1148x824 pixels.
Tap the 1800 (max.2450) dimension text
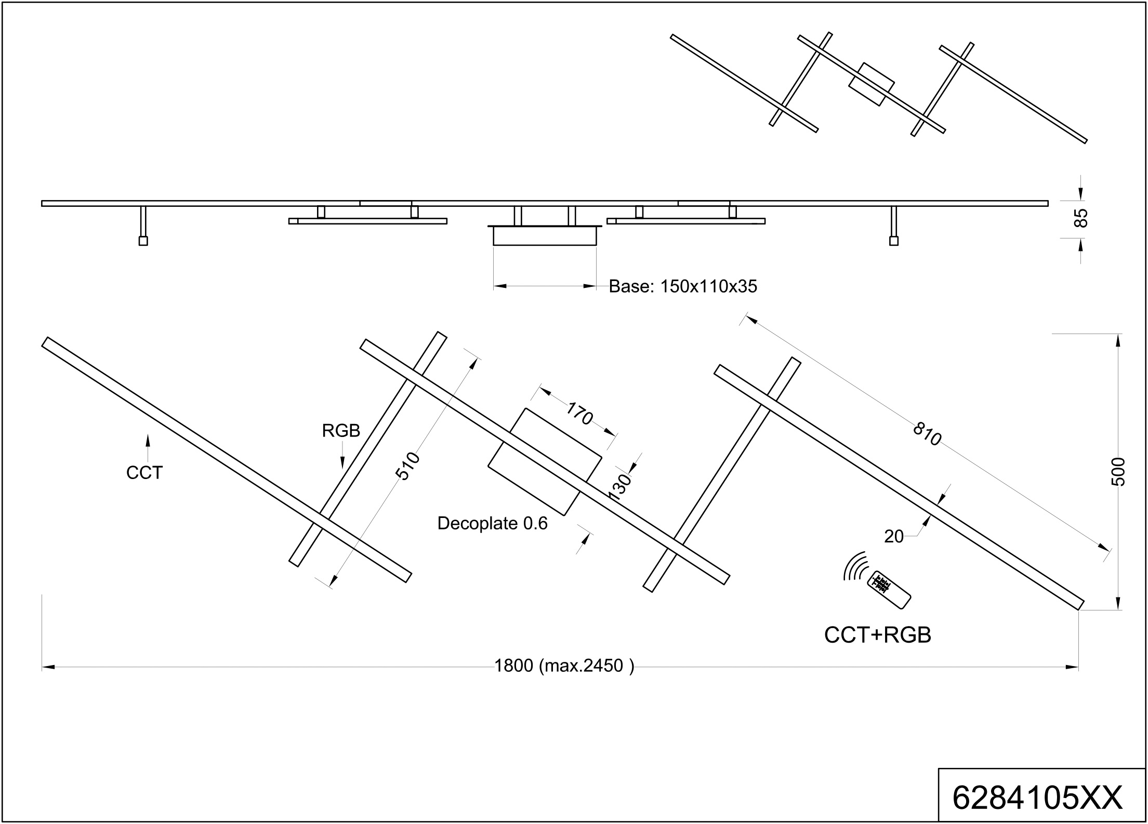click(564, 666)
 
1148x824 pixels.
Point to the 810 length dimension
click(927, 434)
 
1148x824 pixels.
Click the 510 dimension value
click(408, 466)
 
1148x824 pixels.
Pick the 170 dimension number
click(579, 414)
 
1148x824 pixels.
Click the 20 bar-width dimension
click(894, 537)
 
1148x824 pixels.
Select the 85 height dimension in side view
click(1080, 218)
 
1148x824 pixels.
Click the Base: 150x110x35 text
click(683, 286)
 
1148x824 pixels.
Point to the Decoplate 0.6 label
click(492, 523)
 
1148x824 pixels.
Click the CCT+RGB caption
click(878, 635)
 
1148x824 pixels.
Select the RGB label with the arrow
click(341, 431)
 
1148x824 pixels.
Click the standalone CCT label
click(144, 473)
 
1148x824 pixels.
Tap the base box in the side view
click(544, 236)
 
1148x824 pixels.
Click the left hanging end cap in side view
click(143, 241)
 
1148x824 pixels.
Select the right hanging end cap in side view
click(894, 241)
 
